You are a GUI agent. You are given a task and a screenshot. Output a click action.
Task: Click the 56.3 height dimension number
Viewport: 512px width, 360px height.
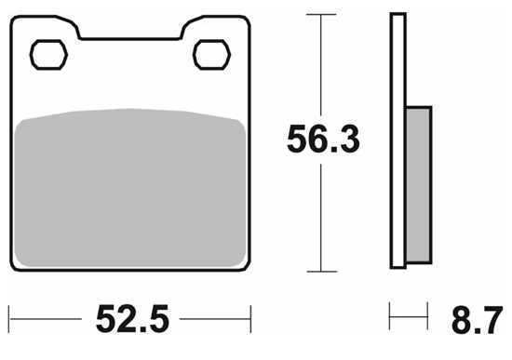coord(323,139)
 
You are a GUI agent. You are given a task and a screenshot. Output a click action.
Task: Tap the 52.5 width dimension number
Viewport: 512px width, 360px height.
coord(132,318)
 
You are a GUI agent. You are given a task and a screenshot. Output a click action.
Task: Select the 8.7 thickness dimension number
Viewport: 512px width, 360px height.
coord(477,320)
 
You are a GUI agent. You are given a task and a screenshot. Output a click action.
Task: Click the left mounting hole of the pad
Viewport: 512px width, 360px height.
coord(48,55)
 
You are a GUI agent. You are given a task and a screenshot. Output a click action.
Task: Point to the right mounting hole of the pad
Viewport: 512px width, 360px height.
coord(211,55)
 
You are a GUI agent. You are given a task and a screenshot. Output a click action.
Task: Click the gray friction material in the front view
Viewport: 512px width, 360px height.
coord(130,188)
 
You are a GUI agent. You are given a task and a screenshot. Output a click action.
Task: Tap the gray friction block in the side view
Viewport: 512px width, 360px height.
coord(419,185)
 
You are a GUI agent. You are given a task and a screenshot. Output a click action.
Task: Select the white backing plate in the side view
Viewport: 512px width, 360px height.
coord(398,140)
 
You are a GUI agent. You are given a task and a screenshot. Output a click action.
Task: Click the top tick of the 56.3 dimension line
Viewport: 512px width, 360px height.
coord(321,14)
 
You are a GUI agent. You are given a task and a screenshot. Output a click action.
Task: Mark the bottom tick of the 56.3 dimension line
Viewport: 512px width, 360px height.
coord(322,272)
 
